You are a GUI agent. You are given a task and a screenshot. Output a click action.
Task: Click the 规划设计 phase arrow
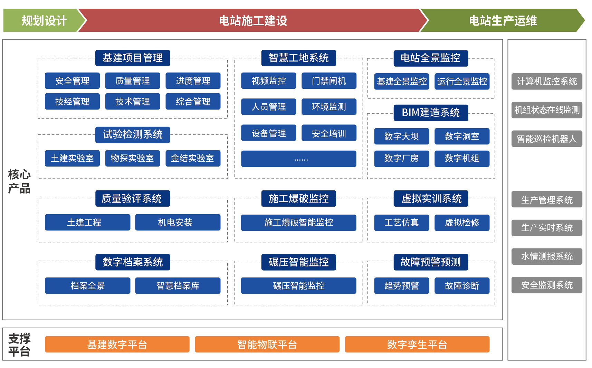click(x=44, y=20)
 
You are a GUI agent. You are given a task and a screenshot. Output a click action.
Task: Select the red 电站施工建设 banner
click(x=253, y=20)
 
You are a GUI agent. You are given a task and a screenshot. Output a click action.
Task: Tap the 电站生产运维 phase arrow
click(x=503, y=20)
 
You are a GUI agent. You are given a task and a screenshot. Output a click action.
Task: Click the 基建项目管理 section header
click(x=132, y=58)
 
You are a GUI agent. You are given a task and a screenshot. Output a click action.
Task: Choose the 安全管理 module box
click(x=72, y=81)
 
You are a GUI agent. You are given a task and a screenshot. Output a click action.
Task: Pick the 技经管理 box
click(x=72, y=101)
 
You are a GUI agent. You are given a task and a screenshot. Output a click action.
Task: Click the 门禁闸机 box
click(x=329, y=81)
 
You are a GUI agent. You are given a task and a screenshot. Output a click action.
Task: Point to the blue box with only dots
click(x=299, y=159)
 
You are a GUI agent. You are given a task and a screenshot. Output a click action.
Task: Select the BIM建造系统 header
click(x=431, y=113)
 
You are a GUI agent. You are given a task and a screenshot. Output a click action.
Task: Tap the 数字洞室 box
click(x=462, y=136)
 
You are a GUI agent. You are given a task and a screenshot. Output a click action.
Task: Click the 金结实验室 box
click(x=193, y=158)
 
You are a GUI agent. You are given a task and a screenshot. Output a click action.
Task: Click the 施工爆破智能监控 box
click(x=299, y=223)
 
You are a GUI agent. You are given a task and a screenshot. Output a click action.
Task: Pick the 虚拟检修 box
click(x=462, y=223)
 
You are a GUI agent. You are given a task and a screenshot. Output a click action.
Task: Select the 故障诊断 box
click(x=462, y=285)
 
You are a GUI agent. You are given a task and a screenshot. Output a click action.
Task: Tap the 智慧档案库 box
click(x=178, y=285)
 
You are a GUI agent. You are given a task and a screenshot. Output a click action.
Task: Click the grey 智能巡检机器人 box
click(x=547, y=139)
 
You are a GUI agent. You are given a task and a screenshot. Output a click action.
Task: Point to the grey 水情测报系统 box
click(x=547, y=256)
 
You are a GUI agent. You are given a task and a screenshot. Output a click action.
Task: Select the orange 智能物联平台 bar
click(x=267, y=345)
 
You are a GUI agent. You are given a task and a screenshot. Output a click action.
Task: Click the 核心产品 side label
click(x=19, y=181)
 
